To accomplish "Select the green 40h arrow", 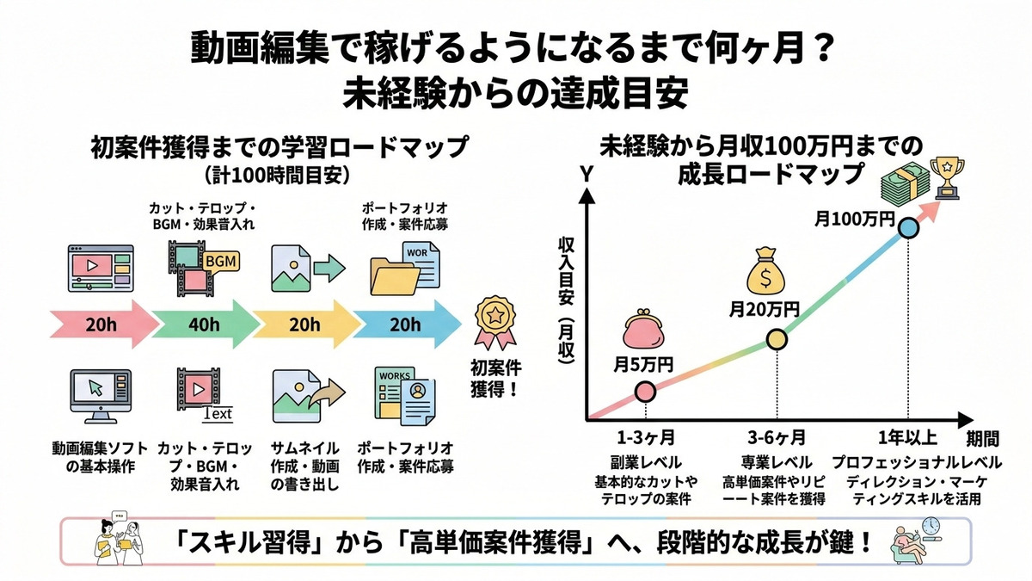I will (203, 324).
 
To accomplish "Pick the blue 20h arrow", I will (404, 324).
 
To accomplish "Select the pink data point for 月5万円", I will (646, 392).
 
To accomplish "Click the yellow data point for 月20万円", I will (776, 341).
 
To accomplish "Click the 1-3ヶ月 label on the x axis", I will (645, 436).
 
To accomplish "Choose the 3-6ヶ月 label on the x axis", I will (776, 436).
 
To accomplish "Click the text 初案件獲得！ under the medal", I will (496, 378).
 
